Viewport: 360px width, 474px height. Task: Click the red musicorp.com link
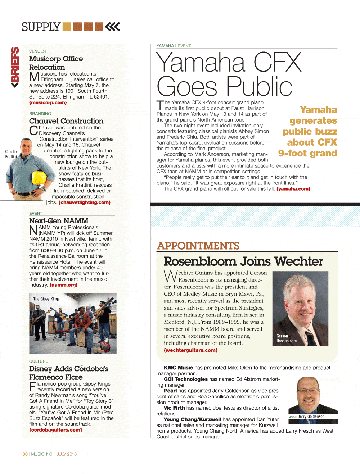[x=48, y=103]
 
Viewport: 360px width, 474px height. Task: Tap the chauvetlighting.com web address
[x=85, y=202]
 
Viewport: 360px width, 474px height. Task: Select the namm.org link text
[x=63, y=285]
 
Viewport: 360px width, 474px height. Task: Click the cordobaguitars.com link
[x=55, y=430]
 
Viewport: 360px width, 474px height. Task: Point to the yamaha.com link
[x=293, y=189]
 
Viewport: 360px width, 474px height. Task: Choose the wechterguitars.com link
[x=190, y=350]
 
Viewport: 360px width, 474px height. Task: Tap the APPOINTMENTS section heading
[x=198, y=246]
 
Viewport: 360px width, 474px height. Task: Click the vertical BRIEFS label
[x=15, y=67]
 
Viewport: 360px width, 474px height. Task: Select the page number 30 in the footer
[x=25, y=454]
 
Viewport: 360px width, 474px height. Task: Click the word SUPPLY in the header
[x=41, y=27]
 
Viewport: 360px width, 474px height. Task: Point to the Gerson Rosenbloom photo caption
[x=286, y=338]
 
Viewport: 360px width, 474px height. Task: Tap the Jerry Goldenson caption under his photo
[x=311, y=416]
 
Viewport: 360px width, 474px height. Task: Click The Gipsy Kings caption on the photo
[x=46, y=299]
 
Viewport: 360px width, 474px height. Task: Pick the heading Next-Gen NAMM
[x=59, y=221]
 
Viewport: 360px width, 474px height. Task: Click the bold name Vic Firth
[x=174, y=408]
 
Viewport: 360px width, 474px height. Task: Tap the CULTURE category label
[x=39, y=361]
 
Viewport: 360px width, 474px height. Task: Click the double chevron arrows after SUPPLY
[x=112, y=27]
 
